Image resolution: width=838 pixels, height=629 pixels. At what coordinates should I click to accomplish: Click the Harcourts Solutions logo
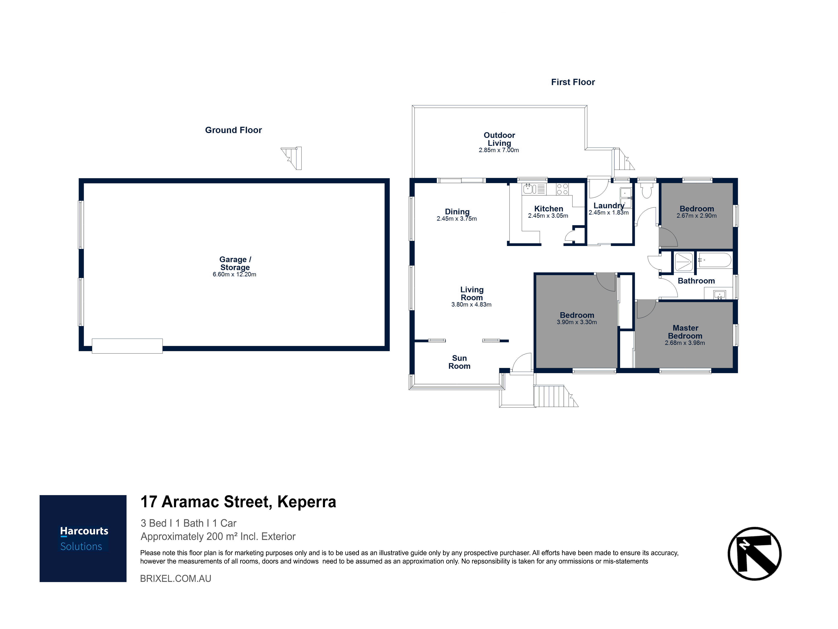[x=83, y=538]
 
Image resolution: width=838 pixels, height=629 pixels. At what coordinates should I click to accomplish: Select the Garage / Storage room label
[x=235, y=263]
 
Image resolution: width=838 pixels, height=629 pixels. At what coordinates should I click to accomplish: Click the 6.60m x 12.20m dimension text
[x=234, y=274]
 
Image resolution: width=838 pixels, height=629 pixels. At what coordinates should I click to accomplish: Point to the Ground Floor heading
[x=233, y=130]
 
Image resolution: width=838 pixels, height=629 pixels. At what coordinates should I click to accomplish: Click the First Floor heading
[x=573, y=82]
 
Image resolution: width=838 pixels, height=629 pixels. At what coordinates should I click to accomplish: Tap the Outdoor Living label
[x=499, y=139]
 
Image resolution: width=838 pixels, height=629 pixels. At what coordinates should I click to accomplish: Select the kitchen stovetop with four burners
[x=562, y=189]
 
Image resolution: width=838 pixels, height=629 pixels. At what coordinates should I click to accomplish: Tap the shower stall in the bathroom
[x=684, y=262]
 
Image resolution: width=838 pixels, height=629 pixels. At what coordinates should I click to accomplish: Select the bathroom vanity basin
[x=719, y=294]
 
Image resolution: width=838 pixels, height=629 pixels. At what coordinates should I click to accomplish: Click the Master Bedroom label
[x=685, y=332]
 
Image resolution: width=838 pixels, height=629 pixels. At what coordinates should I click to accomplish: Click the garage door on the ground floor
[x=127, y=346]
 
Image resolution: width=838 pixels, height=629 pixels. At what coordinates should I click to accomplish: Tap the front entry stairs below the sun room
[x=552, y=396]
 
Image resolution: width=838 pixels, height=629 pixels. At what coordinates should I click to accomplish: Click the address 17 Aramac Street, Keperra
[x=238, y=502]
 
